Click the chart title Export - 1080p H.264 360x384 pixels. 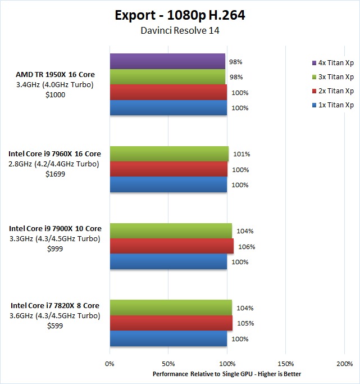click(x=180, y=15)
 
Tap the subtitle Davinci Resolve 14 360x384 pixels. click(x=180, y=30)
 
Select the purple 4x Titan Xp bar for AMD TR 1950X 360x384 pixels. click(x=167, y=61)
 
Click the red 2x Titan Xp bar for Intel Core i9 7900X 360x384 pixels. click(x=171, y=246)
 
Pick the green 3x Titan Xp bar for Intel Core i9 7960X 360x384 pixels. click(x=169, y=153)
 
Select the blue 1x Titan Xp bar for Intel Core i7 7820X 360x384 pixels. click(x=168, y=339)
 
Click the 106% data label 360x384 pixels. click(x=247, y=246)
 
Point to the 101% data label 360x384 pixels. click(x=241, y=153)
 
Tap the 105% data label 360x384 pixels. click(x=246, y=323)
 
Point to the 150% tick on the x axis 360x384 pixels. click(x=286, y=364)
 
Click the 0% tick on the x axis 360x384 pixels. click(x=110, y=364)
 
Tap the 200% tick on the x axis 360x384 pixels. click(x=344, y=364)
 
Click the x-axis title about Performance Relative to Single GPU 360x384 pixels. click(x=227, y=374)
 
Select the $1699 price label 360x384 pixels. click(x=55, y=174)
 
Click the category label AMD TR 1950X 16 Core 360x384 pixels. click(x=56, y=74)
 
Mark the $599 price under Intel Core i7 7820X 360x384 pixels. click(x=55, y=326)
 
